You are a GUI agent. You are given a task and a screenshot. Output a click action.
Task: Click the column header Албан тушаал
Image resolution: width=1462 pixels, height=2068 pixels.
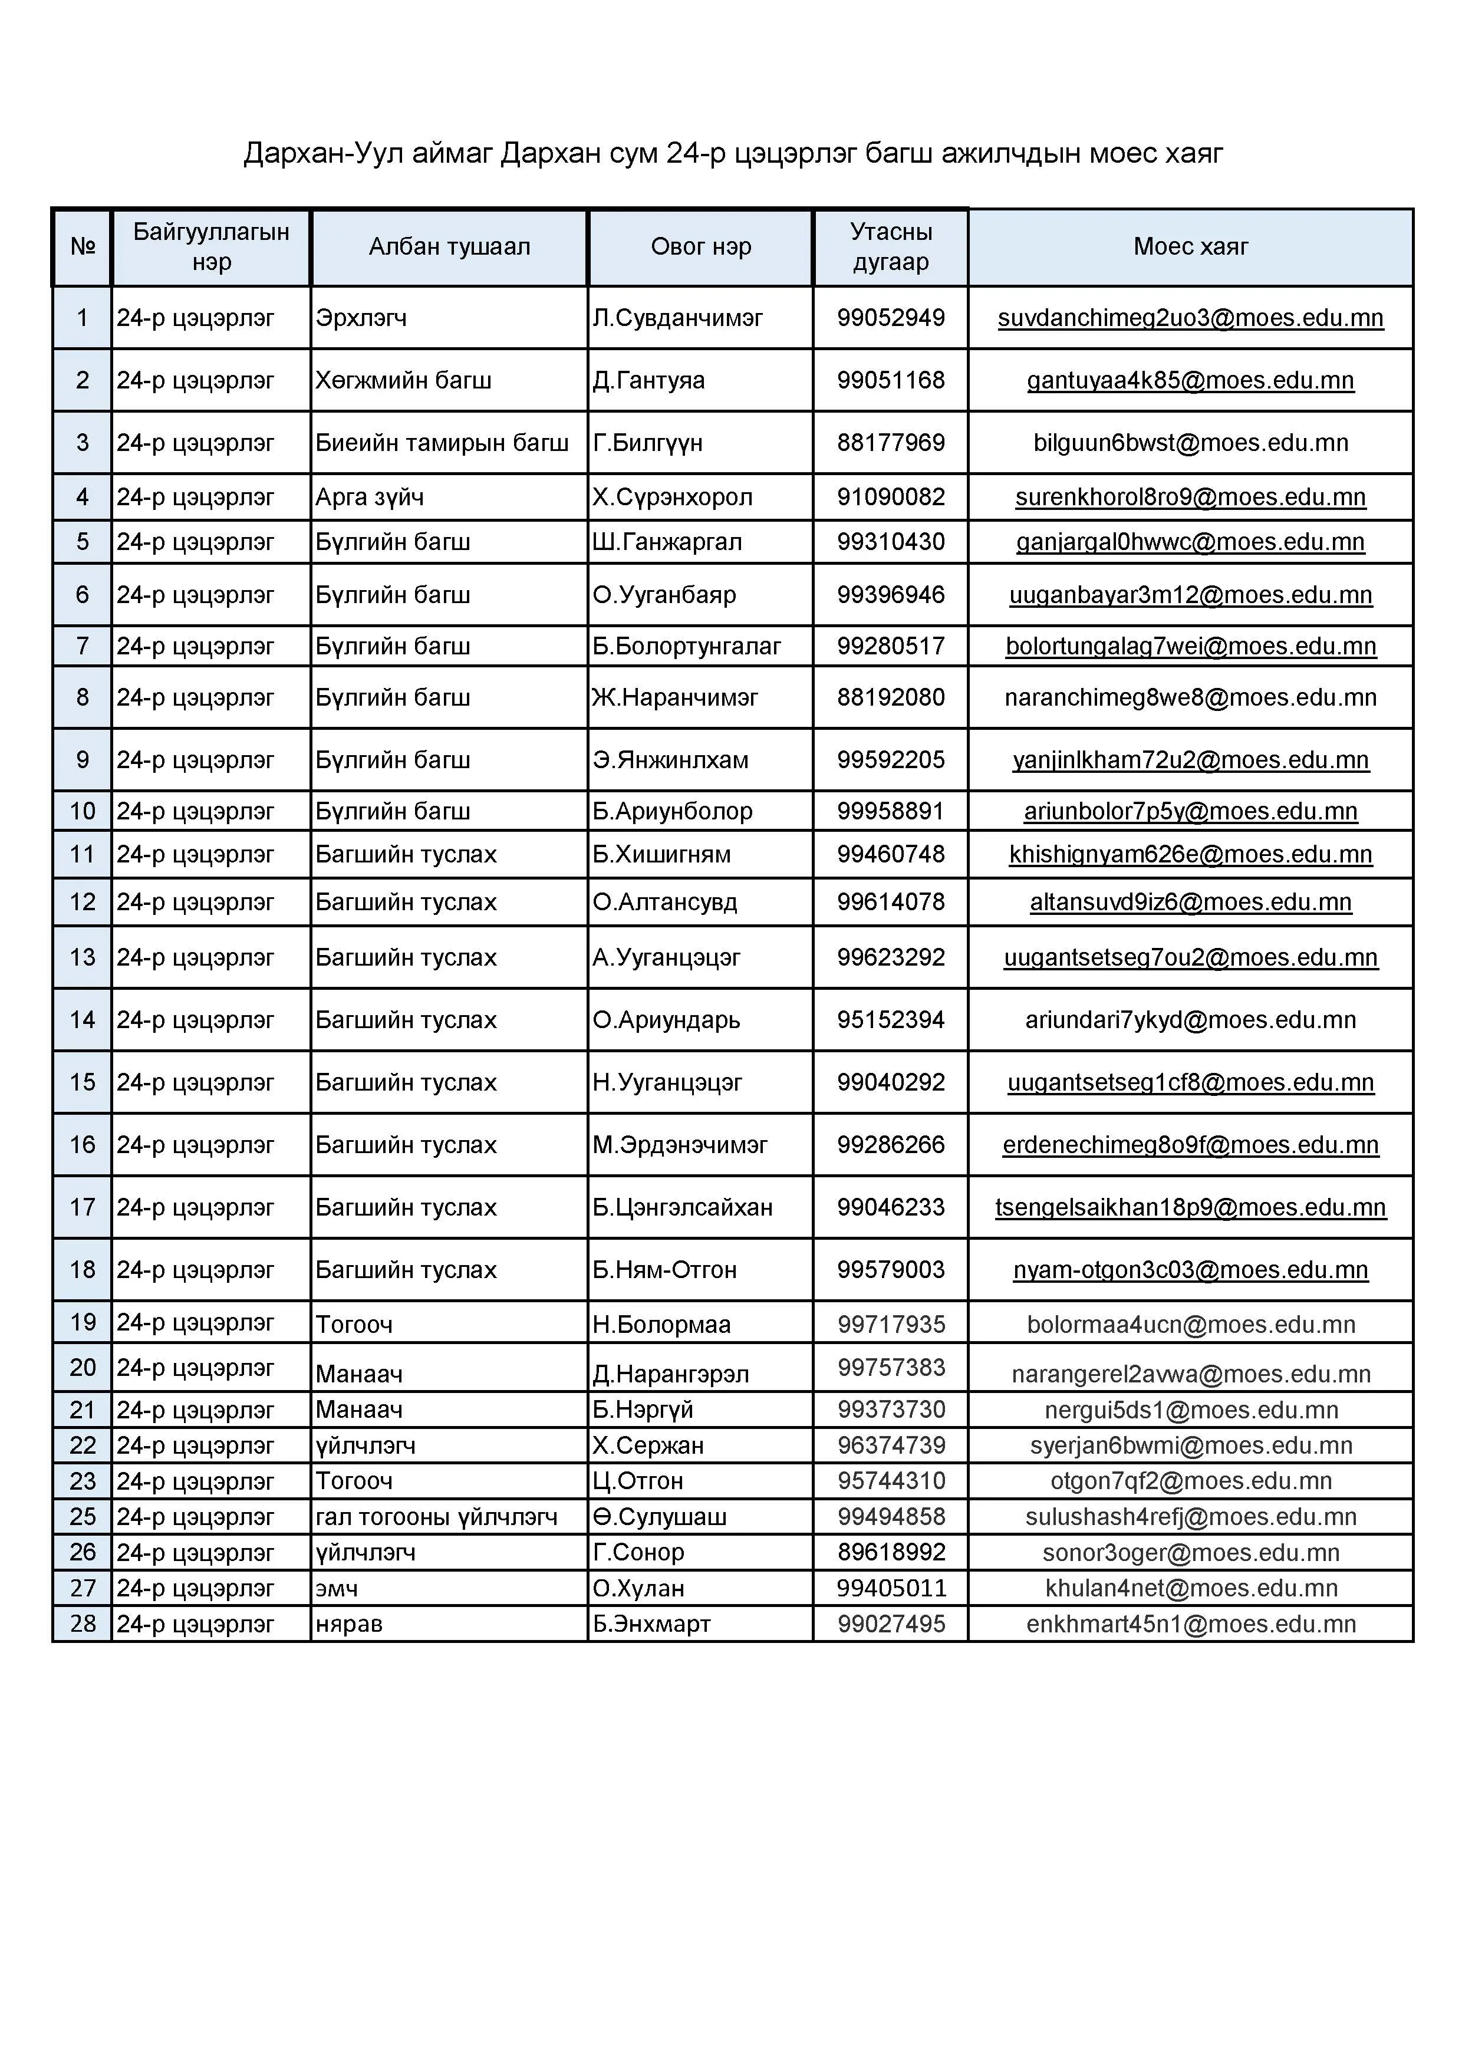[449, 247]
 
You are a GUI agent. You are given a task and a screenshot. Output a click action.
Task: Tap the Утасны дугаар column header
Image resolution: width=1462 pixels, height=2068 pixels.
[890, 247]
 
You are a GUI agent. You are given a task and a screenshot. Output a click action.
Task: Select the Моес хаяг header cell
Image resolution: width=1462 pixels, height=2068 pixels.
[1190, 247]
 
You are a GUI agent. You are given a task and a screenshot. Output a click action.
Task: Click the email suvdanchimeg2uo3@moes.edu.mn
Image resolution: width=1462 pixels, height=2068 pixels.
[1190, 318]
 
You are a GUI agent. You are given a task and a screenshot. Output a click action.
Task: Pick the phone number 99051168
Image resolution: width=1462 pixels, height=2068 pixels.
[890, 380]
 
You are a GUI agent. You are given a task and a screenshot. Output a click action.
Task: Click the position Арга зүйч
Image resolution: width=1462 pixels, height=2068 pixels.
[369, 497]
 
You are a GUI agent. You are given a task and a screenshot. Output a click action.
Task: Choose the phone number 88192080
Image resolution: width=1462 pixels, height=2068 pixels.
[890, 698]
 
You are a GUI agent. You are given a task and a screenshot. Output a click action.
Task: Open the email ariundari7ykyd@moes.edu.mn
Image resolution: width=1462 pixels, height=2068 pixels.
[1190, 1020]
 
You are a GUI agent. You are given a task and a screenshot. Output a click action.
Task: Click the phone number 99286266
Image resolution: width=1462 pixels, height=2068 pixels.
[890, 1145]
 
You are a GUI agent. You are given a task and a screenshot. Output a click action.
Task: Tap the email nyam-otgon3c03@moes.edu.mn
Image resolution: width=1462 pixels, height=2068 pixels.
[1190, 1270]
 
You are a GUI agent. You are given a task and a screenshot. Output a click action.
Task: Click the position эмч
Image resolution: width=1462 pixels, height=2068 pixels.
[337, 1589]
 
